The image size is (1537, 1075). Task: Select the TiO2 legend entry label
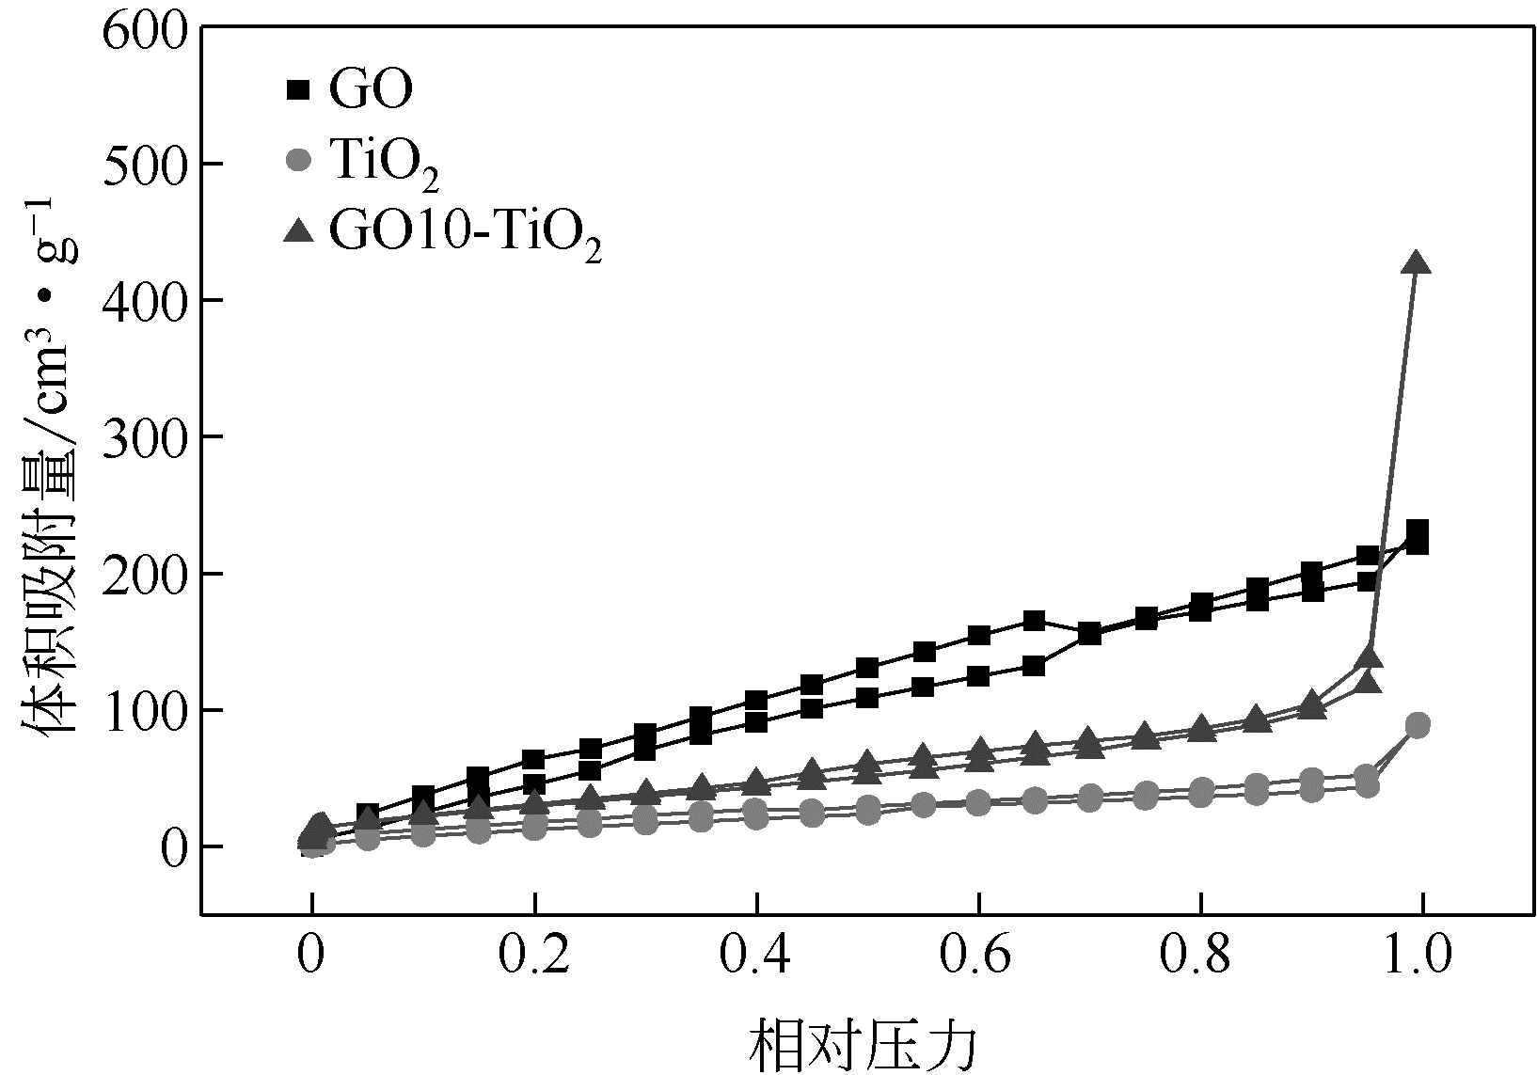click(384, 166)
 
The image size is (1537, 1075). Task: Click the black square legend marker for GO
click(297, 90)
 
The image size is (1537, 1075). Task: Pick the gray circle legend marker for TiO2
click(297, 160)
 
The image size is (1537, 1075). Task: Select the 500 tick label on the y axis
click(142, 164)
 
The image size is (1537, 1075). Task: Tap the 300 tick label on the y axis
click(142, 436)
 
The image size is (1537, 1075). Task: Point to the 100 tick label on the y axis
click(142, 710)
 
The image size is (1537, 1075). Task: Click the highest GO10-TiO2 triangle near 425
click(1417, 263)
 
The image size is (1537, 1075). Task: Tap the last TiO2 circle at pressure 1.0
click(1418, 725)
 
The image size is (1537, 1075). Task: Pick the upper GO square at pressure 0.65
click(1034, 621)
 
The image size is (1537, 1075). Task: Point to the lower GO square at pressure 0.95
click(1368, 581)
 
